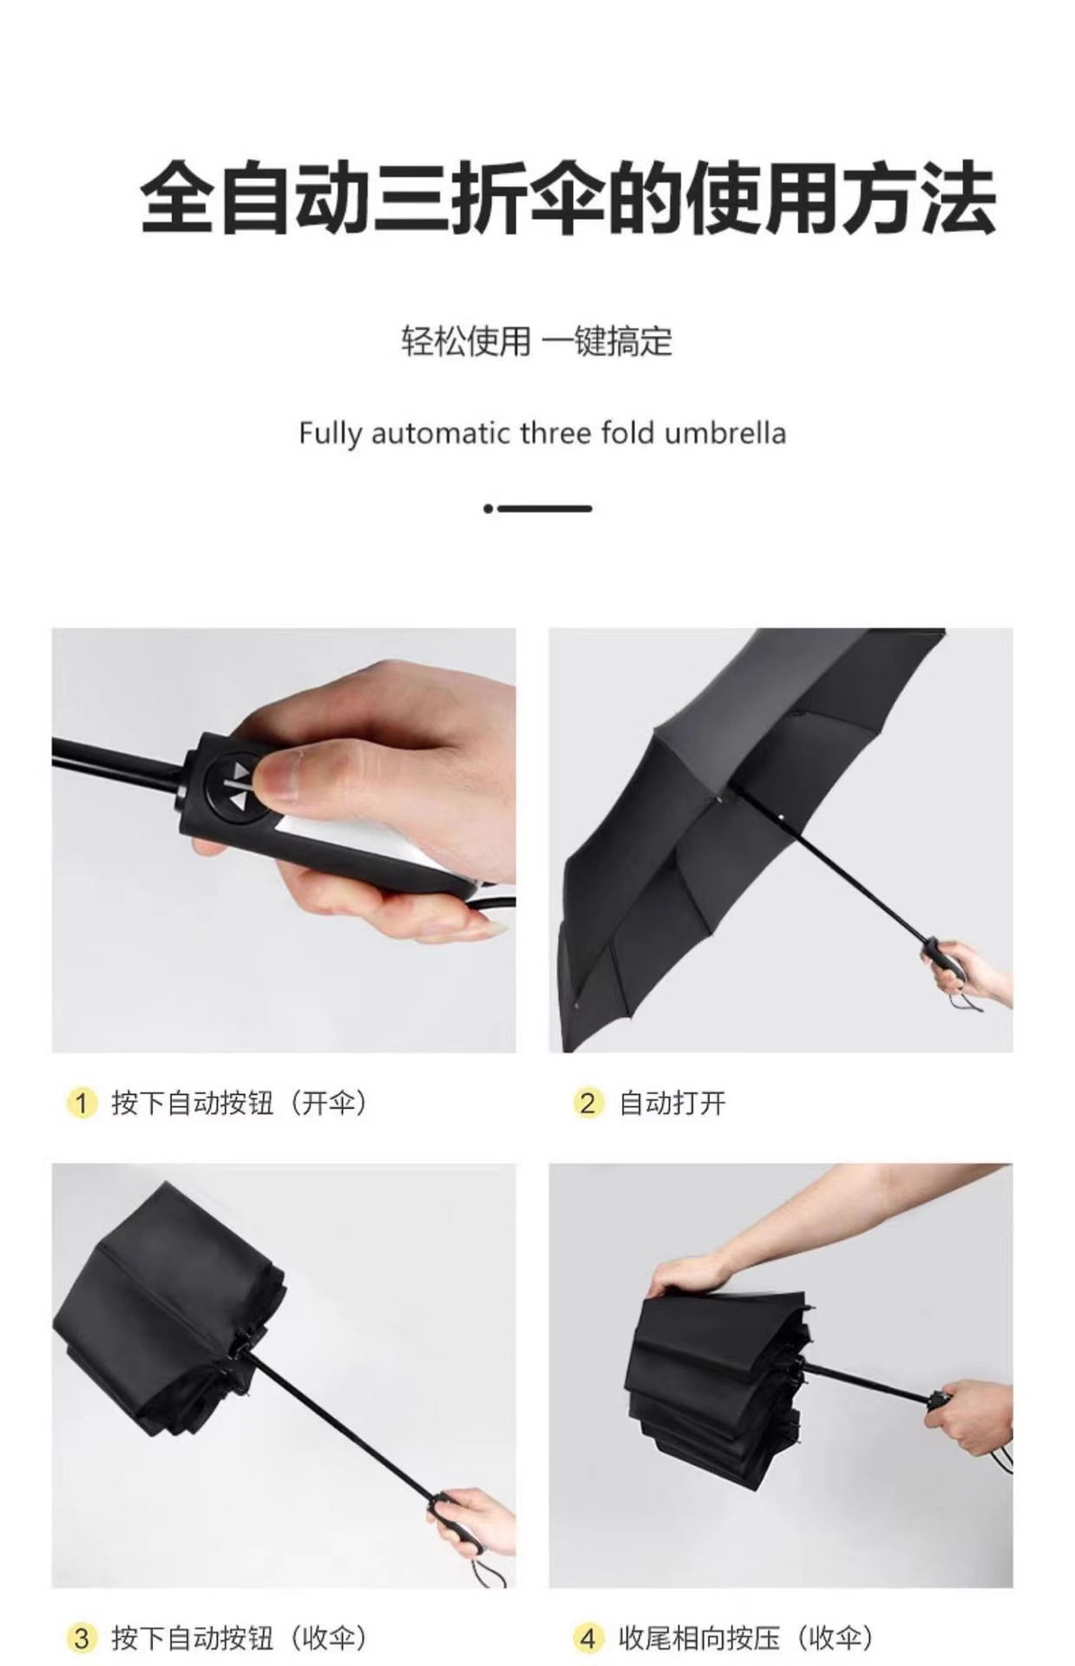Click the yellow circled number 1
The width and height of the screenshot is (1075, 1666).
point(81,1103)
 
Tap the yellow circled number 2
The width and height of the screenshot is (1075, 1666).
point(587,1103)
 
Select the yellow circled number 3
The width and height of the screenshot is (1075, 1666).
point(81,1638)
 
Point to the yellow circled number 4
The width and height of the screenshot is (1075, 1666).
point(587,1638)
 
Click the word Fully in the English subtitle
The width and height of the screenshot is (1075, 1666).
point(329,433)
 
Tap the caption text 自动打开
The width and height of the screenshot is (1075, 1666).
point(672,1103)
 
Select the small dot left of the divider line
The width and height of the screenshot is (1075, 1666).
point(488,508)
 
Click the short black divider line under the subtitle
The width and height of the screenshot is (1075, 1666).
point(545,508)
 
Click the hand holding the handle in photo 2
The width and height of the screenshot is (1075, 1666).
point(972,968)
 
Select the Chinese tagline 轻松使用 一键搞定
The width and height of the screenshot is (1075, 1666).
point(536,341)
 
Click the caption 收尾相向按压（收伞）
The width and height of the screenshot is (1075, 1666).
point(746,1638)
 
